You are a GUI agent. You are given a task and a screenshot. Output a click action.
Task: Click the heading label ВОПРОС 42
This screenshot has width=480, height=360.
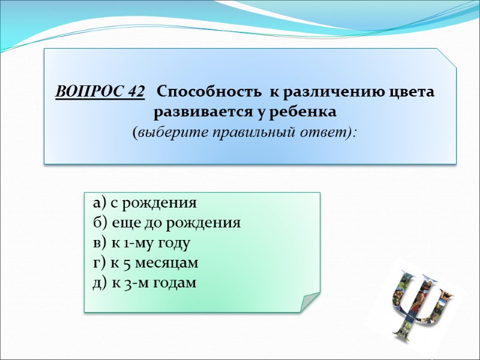[x=100, y=93]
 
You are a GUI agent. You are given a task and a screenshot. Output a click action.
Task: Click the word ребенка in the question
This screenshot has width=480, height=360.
[x=305, y=112]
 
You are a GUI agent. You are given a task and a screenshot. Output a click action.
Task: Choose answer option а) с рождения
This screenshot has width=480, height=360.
[x=145, y=203]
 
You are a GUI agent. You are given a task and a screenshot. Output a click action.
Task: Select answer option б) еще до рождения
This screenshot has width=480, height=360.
[x=167, y=223]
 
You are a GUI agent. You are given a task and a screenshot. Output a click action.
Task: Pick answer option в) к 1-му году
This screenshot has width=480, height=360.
[x=142, y=243]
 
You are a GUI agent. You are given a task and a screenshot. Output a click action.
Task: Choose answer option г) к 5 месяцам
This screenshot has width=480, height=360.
[x=146, y=263]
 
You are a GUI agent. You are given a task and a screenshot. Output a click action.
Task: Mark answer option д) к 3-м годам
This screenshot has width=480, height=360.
[x=145, y=283]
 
